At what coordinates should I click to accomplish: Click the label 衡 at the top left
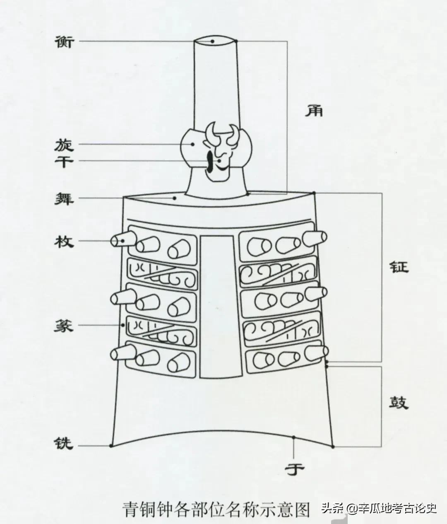[x=64, y=41]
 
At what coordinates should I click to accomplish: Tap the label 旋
[x=64, y=144]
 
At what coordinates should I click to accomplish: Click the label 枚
[x=64, y=241]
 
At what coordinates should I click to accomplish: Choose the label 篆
[x=64, y=326]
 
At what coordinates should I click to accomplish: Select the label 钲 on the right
[x=398, y=266]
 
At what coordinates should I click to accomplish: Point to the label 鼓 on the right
[x=398, y=402]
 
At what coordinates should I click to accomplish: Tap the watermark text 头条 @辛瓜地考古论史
[x=379, y=507]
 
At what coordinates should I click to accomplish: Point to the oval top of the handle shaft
[x=216, y=41]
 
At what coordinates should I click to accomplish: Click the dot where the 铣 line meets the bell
[x=111, y=446]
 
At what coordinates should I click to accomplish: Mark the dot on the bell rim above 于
[x=293, y=437]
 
